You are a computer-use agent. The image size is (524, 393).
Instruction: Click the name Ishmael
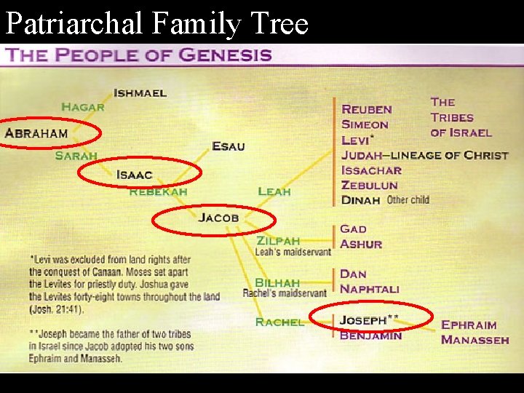140,93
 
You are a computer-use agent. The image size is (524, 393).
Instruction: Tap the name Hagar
82,107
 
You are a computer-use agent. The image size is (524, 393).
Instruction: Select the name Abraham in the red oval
36,133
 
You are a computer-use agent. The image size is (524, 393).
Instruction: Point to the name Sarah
76,156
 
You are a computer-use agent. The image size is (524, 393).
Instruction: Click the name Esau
229,146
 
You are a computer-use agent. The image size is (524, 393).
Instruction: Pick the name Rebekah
158,191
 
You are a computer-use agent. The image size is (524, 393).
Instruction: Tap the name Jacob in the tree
218,218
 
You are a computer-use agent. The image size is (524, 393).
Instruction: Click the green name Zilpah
277,241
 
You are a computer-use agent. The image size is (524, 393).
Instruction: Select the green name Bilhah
277,282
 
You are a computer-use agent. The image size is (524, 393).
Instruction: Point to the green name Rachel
279,322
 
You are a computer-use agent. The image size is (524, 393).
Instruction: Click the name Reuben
367,109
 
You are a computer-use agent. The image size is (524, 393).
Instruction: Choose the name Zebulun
370,185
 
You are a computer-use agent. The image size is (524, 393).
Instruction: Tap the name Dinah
361,200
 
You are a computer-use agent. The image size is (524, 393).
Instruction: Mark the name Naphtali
370,289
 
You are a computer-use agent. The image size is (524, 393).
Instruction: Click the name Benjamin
370,336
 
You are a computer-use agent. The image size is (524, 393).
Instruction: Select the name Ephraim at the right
469,325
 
